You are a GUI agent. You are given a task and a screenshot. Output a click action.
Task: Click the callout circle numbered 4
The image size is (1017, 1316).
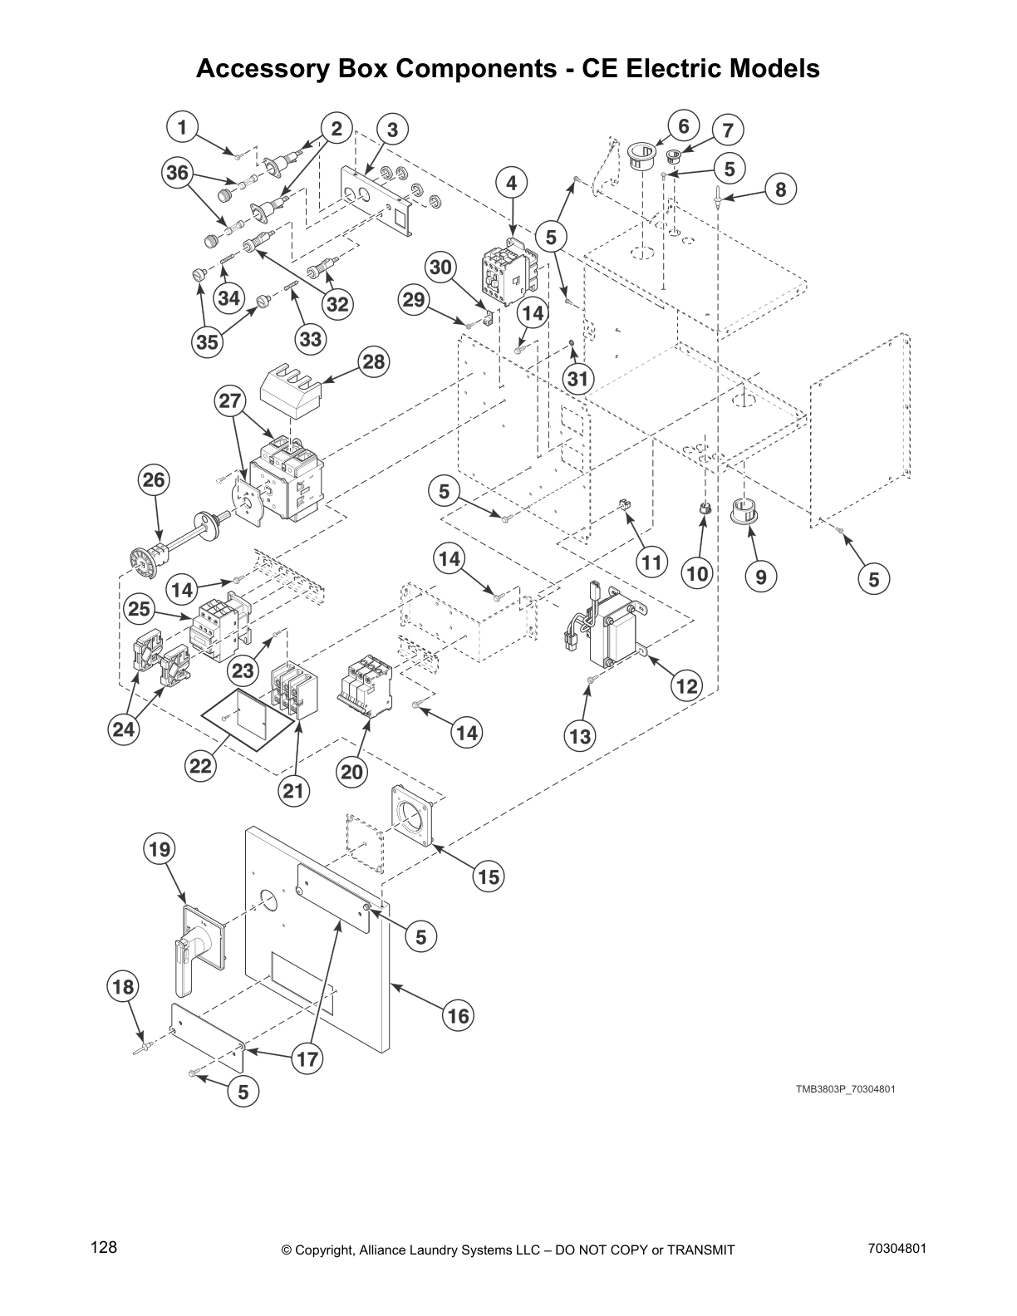[512, 183]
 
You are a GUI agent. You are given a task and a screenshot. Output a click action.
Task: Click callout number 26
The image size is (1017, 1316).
[154, 480]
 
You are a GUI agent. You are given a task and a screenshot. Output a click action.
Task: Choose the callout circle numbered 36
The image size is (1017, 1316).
[176, 172]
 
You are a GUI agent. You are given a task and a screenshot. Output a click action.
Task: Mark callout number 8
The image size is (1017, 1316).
[780, 189]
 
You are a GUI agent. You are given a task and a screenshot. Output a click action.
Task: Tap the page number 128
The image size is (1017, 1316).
[104, 1248]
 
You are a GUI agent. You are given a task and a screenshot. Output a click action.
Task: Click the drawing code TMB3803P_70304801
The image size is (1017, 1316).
[845, 1089]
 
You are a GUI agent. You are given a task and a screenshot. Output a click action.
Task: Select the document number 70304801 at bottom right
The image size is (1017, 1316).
[897, 1249]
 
